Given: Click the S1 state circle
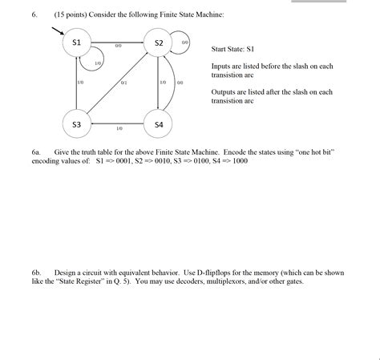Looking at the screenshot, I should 77,42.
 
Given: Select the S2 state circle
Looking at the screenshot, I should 159,42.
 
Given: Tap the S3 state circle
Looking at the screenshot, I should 77,125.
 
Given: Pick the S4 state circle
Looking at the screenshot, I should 159,125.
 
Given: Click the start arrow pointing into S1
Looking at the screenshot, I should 58,30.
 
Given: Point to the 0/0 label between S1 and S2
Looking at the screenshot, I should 118,46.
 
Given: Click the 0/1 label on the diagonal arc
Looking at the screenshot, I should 123,83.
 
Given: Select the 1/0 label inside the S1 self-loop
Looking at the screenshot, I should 98,63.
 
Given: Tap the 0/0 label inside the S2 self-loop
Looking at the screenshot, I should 184,42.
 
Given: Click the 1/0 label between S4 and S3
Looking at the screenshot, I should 119,128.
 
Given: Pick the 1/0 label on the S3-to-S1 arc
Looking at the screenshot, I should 80,83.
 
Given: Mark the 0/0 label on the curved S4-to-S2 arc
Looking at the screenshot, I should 180,83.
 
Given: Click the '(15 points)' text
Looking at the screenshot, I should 73,14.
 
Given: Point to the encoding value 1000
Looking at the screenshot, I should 239,160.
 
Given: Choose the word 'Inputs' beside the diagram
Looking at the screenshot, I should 222,66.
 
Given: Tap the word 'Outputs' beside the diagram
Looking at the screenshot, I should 224,92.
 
